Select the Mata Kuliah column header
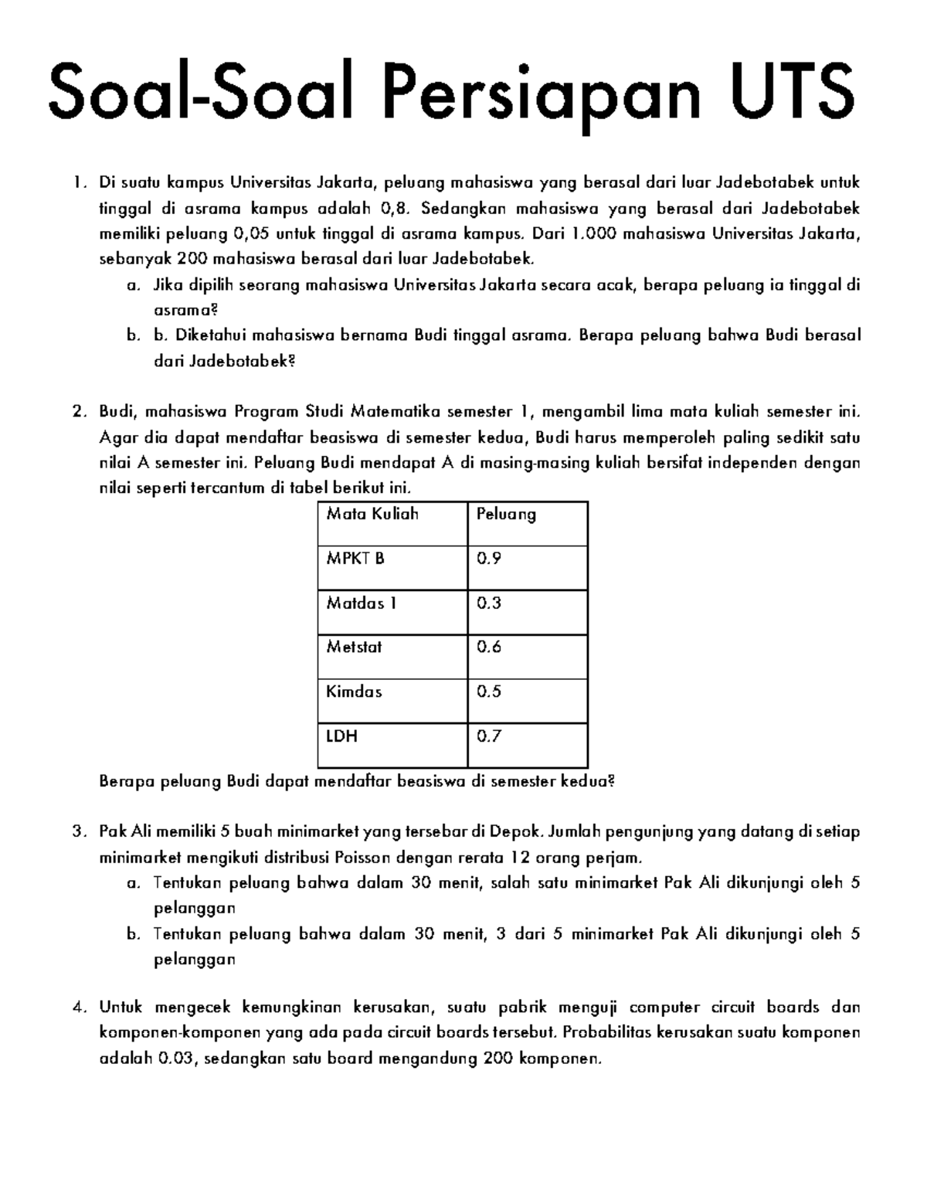(372, 514)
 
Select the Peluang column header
(506, 514)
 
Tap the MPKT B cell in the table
(355, 558)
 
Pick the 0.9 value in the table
(489, 558)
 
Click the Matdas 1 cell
(361, 603)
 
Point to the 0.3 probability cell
(489, 603)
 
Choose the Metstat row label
(355, 647)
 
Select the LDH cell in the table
(342, 736)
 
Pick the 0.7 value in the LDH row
(489, 736)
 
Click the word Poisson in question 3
(362, 858)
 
